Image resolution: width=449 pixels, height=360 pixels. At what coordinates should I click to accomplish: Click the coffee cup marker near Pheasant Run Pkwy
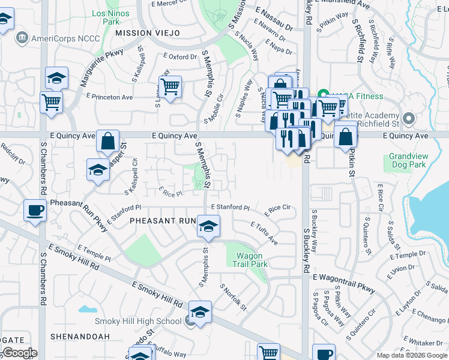click(x=35, y=211)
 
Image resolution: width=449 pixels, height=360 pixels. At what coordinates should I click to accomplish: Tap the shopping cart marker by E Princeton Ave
click(x=52, y=101)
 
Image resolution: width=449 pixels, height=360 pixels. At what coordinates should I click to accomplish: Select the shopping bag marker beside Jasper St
click(x=107, y=142)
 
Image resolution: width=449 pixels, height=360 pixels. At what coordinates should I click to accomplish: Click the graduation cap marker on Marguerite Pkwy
click(x=56, y=77)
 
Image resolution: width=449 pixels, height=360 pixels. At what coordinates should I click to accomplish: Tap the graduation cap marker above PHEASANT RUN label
click(x=208, y=226)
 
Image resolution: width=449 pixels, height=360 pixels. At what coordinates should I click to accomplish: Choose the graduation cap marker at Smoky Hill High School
click(x=200, y=311)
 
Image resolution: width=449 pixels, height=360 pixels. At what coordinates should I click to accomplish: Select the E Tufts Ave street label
click(x=264, y=231)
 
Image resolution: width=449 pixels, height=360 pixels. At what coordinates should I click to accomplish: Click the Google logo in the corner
click(x=19, y=353)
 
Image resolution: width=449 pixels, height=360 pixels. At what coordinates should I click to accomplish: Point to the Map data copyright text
click(x=412, y=355)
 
